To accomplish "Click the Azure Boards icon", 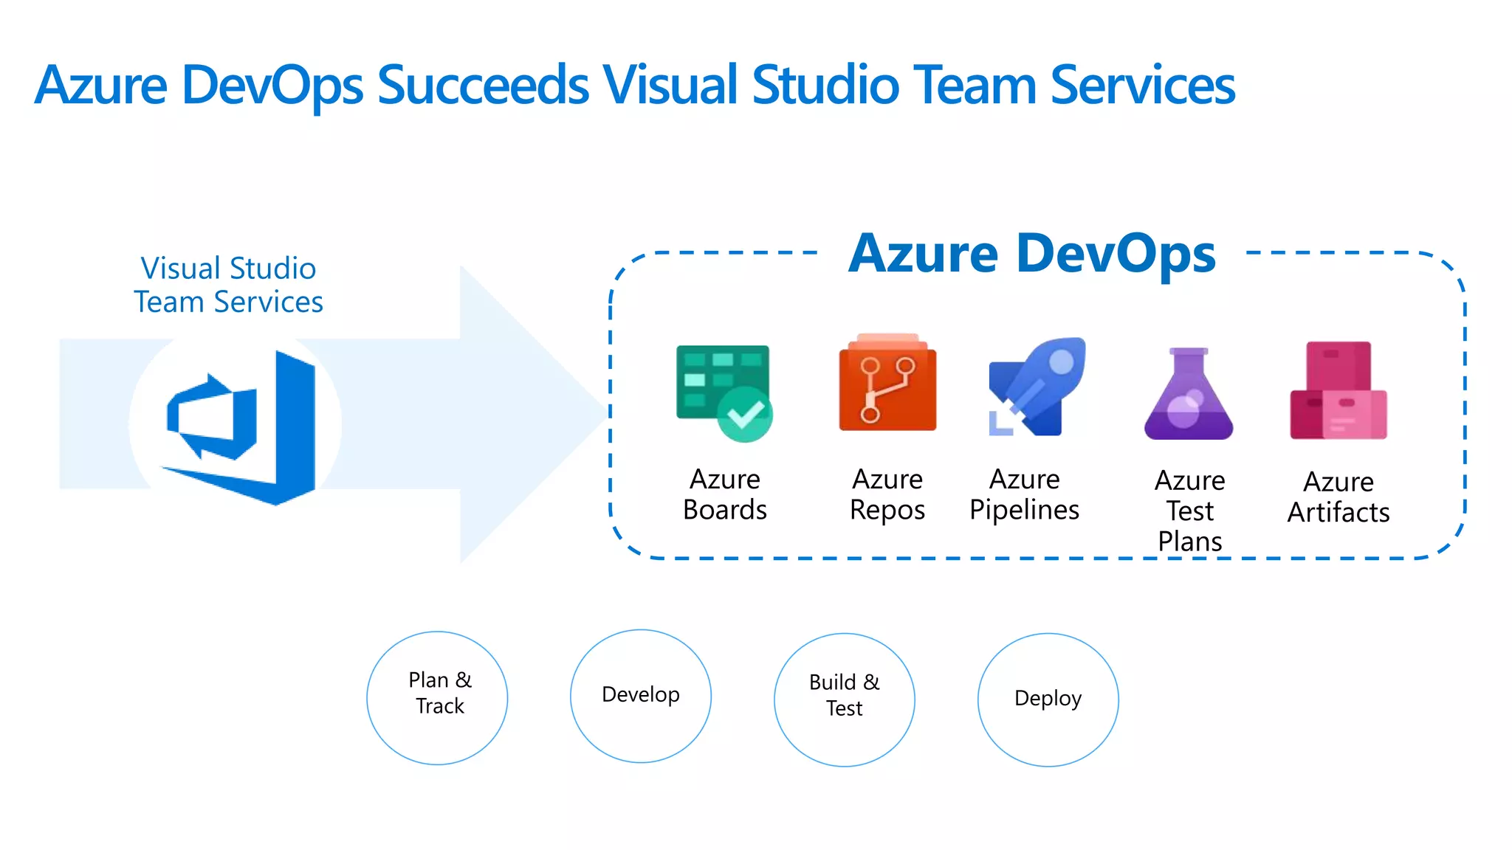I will click(x=722, y=391).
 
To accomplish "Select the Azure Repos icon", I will click(x=887, y=384).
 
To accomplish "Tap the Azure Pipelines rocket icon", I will click(x=1037, y=387).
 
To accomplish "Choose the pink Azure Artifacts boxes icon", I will click(x=1338, y=391).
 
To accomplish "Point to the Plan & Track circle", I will click(x=437, y=697).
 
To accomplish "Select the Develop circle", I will click(x=640, y=696).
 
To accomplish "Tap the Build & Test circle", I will click(x=844, y=699).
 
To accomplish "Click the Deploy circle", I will click(x=1048, y=699).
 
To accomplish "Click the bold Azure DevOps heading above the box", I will click(x=1031, y=253).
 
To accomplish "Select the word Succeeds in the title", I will click(x=483, y=85).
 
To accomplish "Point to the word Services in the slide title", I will click(x=1142, y=85).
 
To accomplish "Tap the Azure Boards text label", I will click(x=725, y=494).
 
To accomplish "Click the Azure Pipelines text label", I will click(x=1024, y=494).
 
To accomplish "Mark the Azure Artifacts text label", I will click(x=1338, y=497).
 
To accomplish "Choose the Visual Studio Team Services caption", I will click(x=229, y=285).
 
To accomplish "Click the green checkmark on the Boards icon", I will click(x=745, y=415).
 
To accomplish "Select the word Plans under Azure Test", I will click(x=1189, y=542).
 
